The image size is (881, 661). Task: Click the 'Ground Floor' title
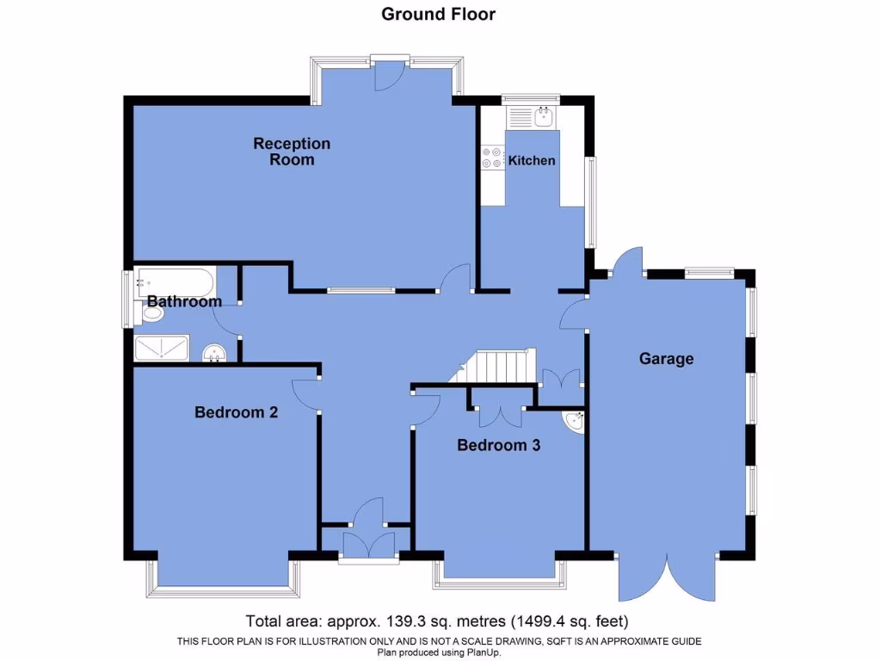pos(438,14)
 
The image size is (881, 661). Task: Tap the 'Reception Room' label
pos(292,151)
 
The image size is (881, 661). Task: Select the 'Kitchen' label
pos(532,160)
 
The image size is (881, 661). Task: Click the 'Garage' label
pos(666,359)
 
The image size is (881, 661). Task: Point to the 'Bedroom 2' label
pos(236,412)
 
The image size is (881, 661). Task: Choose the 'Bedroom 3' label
pos(498,445)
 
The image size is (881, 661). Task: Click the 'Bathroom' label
pos(184,301)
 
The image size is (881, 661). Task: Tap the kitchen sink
pos(543,116)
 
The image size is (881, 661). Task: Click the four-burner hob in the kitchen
pos(493,158)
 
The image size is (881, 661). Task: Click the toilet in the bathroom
pos(151,313)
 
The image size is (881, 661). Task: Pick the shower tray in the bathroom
pos(162,348)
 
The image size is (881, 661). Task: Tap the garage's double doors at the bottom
pos(667,577)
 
